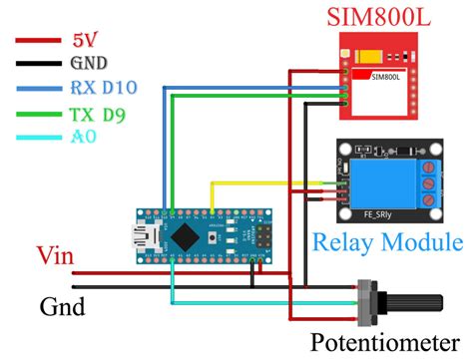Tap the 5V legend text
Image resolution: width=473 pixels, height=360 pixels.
86,41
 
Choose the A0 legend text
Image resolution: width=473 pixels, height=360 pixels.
84,139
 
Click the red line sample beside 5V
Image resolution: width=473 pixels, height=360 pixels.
36,42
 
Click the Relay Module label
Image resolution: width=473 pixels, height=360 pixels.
386,242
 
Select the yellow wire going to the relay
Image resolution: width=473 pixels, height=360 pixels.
259,182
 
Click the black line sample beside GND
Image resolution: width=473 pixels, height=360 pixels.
36,63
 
